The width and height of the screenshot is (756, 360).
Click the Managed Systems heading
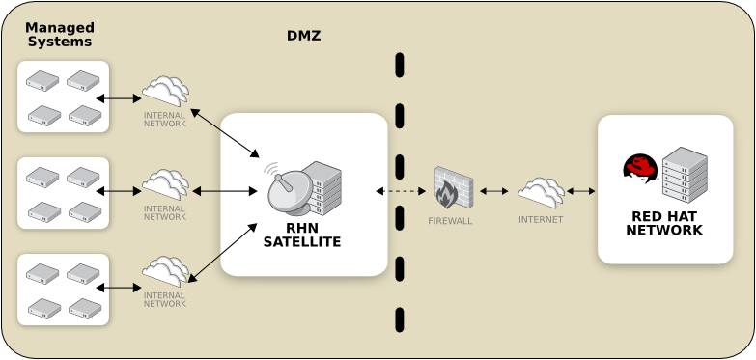59,35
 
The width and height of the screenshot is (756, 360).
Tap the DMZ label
303,37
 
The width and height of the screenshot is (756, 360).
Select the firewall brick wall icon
450,187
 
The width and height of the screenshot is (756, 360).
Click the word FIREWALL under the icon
450,221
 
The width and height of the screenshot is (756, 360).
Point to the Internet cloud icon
541,191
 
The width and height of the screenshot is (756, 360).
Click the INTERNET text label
541,220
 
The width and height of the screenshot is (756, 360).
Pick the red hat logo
640,170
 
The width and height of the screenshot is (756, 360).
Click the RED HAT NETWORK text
664,223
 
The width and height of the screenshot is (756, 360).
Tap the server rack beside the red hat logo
685,174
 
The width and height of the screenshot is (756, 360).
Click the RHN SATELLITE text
302,235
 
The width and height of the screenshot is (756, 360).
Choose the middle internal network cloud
165,183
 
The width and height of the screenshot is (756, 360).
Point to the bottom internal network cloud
165,271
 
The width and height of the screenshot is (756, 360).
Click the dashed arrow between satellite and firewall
401,191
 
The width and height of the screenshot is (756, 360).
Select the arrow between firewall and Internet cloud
493,191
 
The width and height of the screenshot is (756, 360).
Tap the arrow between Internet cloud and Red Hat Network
581,191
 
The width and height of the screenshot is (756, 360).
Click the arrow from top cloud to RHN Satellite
225,133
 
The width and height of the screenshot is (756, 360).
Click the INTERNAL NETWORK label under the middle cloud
164,212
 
